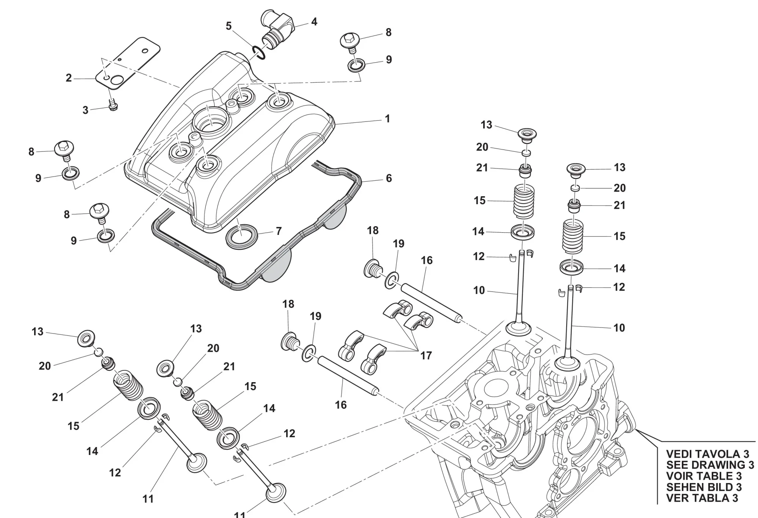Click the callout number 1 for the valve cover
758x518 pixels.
[387, 119]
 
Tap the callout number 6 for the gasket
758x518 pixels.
[389, 178]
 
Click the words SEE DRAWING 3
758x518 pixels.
[710, 465]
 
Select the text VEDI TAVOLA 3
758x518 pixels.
[708, 454]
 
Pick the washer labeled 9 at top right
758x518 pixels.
[357, 65]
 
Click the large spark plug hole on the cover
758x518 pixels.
[210, 121]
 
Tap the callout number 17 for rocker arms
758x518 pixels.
[426, 356]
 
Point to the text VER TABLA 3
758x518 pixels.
[702, 498]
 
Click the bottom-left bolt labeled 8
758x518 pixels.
[99, 213]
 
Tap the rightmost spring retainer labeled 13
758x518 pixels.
[576, 170]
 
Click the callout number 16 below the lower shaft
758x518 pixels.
[341, 405]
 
